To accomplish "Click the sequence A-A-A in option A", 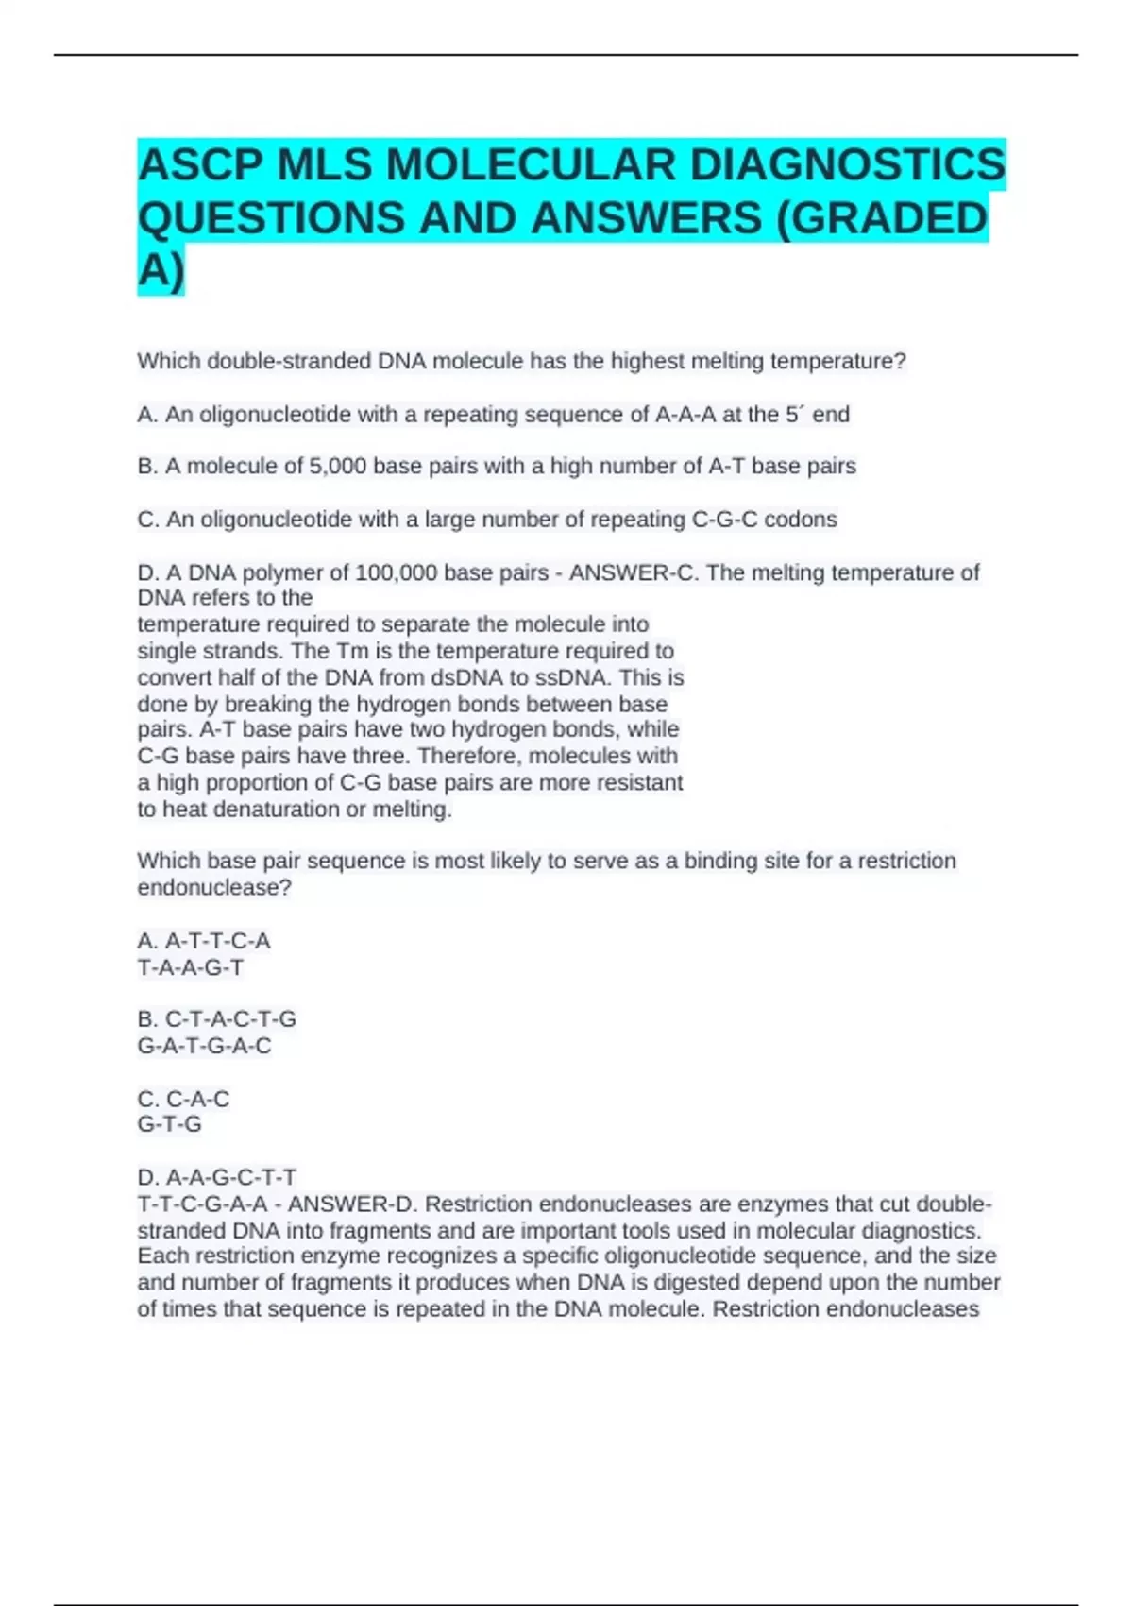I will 685,415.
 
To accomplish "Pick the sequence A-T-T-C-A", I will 218,941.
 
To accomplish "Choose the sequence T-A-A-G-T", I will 191,967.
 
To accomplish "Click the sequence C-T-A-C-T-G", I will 230,1019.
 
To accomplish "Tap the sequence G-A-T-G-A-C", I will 204,1046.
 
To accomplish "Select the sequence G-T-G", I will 170,1124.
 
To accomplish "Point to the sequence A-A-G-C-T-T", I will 231,1177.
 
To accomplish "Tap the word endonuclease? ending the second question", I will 214,888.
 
